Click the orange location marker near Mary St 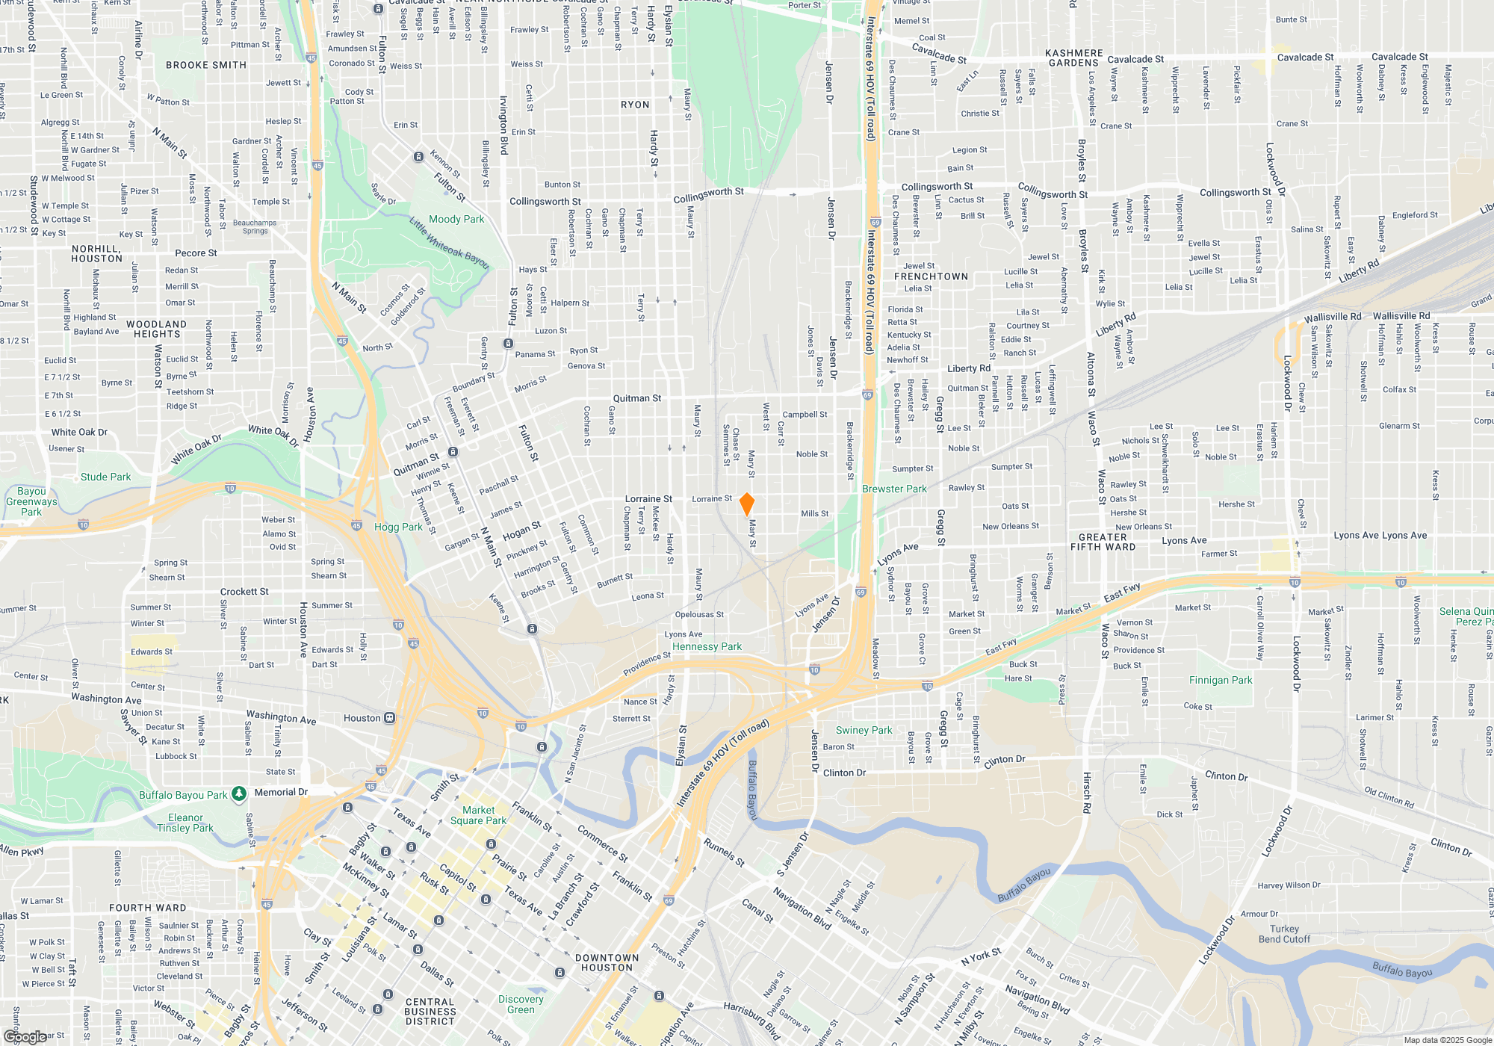click(x=746, y=504)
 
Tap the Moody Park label click(x=456, y=219)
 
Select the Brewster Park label click(x=894, y=489)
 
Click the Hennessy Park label click(x=707, y=646)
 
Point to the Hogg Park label click(x=398, y=527)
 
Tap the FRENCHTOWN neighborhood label click(x=931, y=276)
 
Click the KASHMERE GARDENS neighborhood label click(x=1073, y=58)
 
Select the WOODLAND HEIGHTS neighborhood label click(x=156, y=329)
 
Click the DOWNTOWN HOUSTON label click(x=607, y=962)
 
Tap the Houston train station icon click(x=389, y=718)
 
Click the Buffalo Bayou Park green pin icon click(x=239, y=794)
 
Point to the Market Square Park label click(x=478, y=815)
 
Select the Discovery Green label click(x=521, y=1004)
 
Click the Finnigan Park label click(x=1221, y=680)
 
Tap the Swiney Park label click(x=864, y=730)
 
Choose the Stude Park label click(x=105, y=477)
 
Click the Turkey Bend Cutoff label click(x=1284, y=934)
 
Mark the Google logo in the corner click(x=25, y=1036)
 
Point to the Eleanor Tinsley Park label click(x=185, y=823)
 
